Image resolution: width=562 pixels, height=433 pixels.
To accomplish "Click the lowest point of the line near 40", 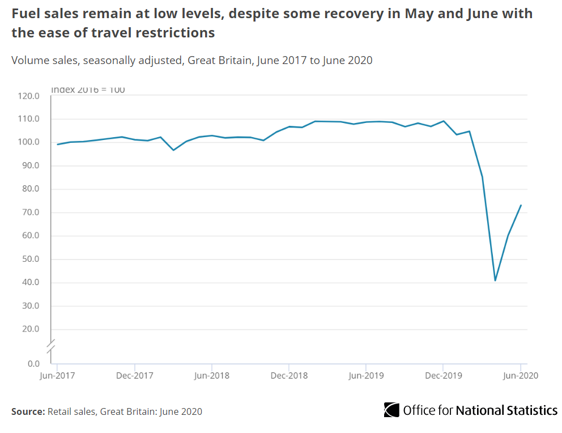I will [495, 281].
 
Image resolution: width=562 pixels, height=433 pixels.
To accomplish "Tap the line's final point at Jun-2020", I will [521, 205].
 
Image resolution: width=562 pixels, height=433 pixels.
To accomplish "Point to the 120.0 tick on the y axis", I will [28, 96].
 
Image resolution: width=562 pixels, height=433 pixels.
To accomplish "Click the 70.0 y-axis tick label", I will [29, 213].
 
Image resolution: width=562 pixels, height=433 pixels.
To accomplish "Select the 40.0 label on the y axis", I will [29, 283].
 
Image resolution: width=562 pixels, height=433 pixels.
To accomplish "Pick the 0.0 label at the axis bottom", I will [33, 364].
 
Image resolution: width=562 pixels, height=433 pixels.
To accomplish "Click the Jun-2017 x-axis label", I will [57, 375].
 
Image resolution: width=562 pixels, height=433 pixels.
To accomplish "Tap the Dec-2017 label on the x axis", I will [134, 375].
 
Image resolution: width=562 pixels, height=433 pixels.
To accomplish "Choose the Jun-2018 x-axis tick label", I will [211, 375].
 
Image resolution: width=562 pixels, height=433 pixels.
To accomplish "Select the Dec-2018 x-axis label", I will [288, 375].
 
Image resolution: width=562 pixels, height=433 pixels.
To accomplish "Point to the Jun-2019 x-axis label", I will [366, 375].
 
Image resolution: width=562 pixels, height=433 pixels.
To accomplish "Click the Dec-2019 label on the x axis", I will [443, 375].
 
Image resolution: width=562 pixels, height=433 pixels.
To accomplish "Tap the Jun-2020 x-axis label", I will [520, 375].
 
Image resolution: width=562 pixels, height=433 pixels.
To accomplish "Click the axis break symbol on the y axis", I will [51, 344].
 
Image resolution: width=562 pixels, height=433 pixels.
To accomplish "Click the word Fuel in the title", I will [25, 14].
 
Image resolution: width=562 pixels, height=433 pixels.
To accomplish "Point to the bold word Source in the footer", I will [27, 411].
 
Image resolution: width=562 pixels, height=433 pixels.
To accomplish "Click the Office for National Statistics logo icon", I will [391, 410].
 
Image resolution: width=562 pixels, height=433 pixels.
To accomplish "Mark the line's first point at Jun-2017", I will [57, 144].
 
